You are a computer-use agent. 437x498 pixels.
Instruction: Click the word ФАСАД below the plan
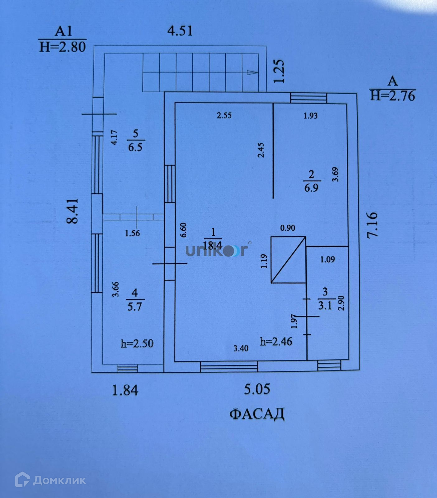(x=257, y=414)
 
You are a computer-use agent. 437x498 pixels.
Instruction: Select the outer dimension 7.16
(x=372, y=225)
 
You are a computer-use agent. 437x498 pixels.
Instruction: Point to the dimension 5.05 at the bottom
(x=257, y=389)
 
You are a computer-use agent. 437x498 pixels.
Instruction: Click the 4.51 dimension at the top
(x=180, y=31)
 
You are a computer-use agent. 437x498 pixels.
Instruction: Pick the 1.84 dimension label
(x=125, y=390)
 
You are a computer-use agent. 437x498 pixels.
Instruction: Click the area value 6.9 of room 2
(x=311, y=188)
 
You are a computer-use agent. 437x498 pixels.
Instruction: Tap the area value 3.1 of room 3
(x=325, y=306)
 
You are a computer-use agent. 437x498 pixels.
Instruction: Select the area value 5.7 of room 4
(x=134, y=307)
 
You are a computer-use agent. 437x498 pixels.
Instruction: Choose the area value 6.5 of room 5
(x=135, y=147)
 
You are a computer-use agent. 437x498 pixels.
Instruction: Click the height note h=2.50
(x=137, y=343)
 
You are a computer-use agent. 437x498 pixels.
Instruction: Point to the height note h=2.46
(x=276, y=341)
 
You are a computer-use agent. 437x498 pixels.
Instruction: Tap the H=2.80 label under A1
(x=63, y=47)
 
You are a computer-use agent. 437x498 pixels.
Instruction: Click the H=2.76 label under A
(x=392, y=96)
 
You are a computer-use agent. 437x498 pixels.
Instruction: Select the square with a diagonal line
(x=288, y=260)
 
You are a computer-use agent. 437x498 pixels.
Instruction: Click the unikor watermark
(x=217, y=250)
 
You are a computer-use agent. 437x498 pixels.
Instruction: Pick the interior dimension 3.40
(x=241, y=348)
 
